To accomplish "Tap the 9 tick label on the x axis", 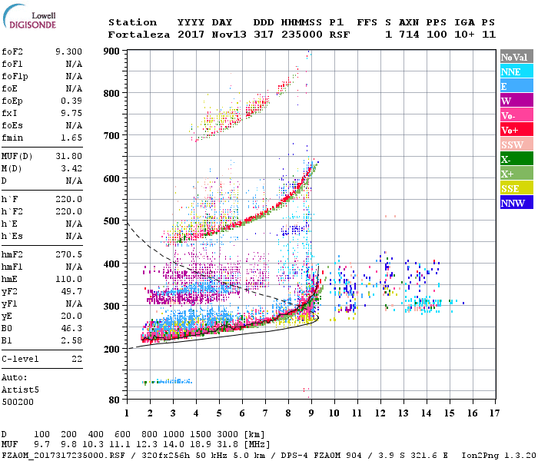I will coord(311,413).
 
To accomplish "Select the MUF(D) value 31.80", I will coord(70,155).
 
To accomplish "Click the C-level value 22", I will coord(77,359).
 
